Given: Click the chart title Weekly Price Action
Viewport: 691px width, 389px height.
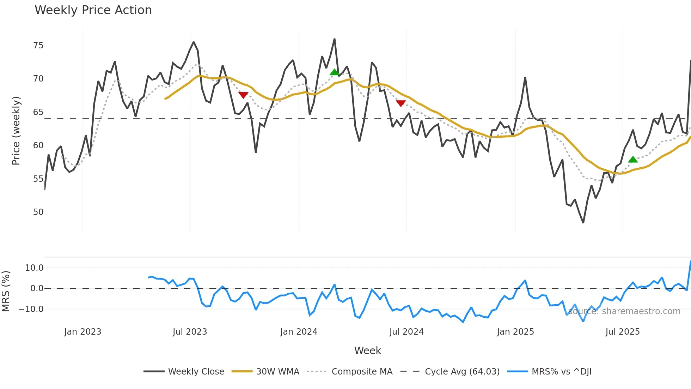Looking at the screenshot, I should click(93, 10).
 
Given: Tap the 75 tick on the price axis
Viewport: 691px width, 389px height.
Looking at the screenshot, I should click(38, 46).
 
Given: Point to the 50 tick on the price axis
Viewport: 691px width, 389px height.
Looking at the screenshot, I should click(38, 212).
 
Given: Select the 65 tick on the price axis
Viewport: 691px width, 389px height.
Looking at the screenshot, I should click(38, 112).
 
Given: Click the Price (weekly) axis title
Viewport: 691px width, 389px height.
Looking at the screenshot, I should click(16, 131).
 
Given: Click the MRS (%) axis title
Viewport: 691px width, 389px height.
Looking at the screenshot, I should click(6, 291).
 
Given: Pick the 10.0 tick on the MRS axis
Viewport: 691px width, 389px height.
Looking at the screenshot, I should click(34, 268).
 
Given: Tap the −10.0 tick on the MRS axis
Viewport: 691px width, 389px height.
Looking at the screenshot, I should click(31, 309).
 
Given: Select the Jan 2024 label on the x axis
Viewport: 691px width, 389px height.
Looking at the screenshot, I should click(299, 332).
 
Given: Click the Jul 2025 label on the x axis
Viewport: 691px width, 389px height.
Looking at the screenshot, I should click(622, 332).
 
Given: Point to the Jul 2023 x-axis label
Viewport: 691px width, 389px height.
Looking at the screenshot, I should click(190, 332).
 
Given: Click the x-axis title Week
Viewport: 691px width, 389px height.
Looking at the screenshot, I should click(367, 351).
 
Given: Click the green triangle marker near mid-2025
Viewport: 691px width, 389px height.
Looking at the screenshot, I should click(633, 160).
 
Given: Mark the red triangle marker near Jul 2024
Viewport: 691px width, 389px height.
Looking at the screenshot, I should click(400, 103).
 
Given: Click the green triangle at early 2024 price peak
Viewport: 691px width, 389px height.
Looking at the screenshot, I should click(334, 72).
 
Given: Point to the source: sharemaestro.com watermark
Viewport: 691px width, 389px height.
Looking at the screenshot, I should click(624, 311).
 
